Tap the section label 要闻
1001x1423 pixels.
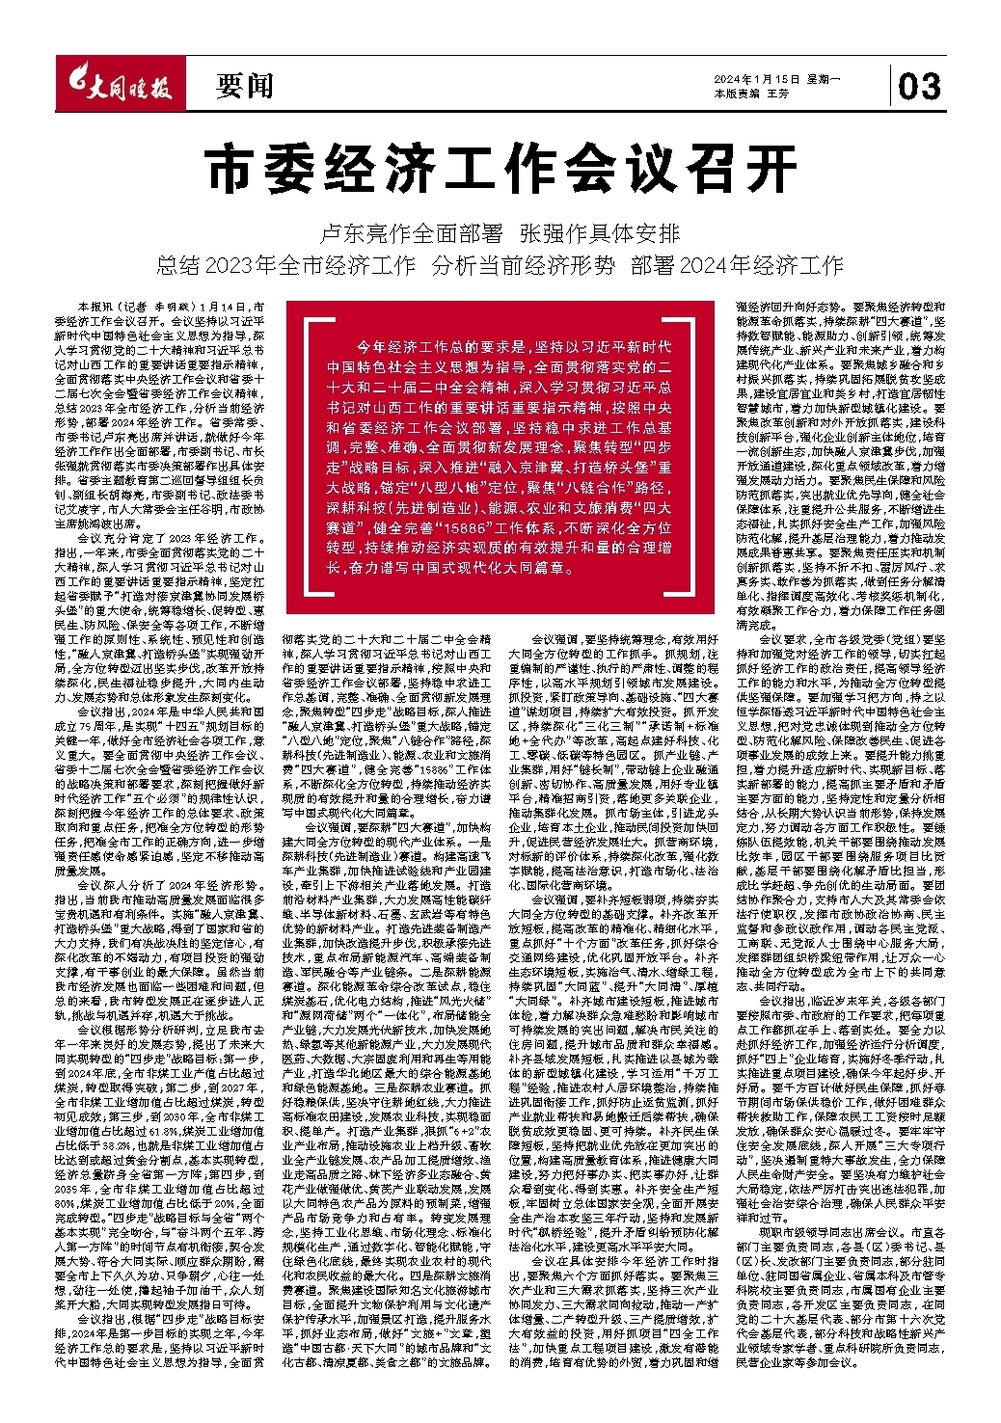click(245, 86)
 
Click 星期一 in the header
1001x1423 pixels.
click(825, 78)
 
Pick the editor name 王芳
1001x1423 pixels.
click(777, 94)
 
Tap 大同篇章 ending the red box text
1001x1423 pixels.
click(539, 569)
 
